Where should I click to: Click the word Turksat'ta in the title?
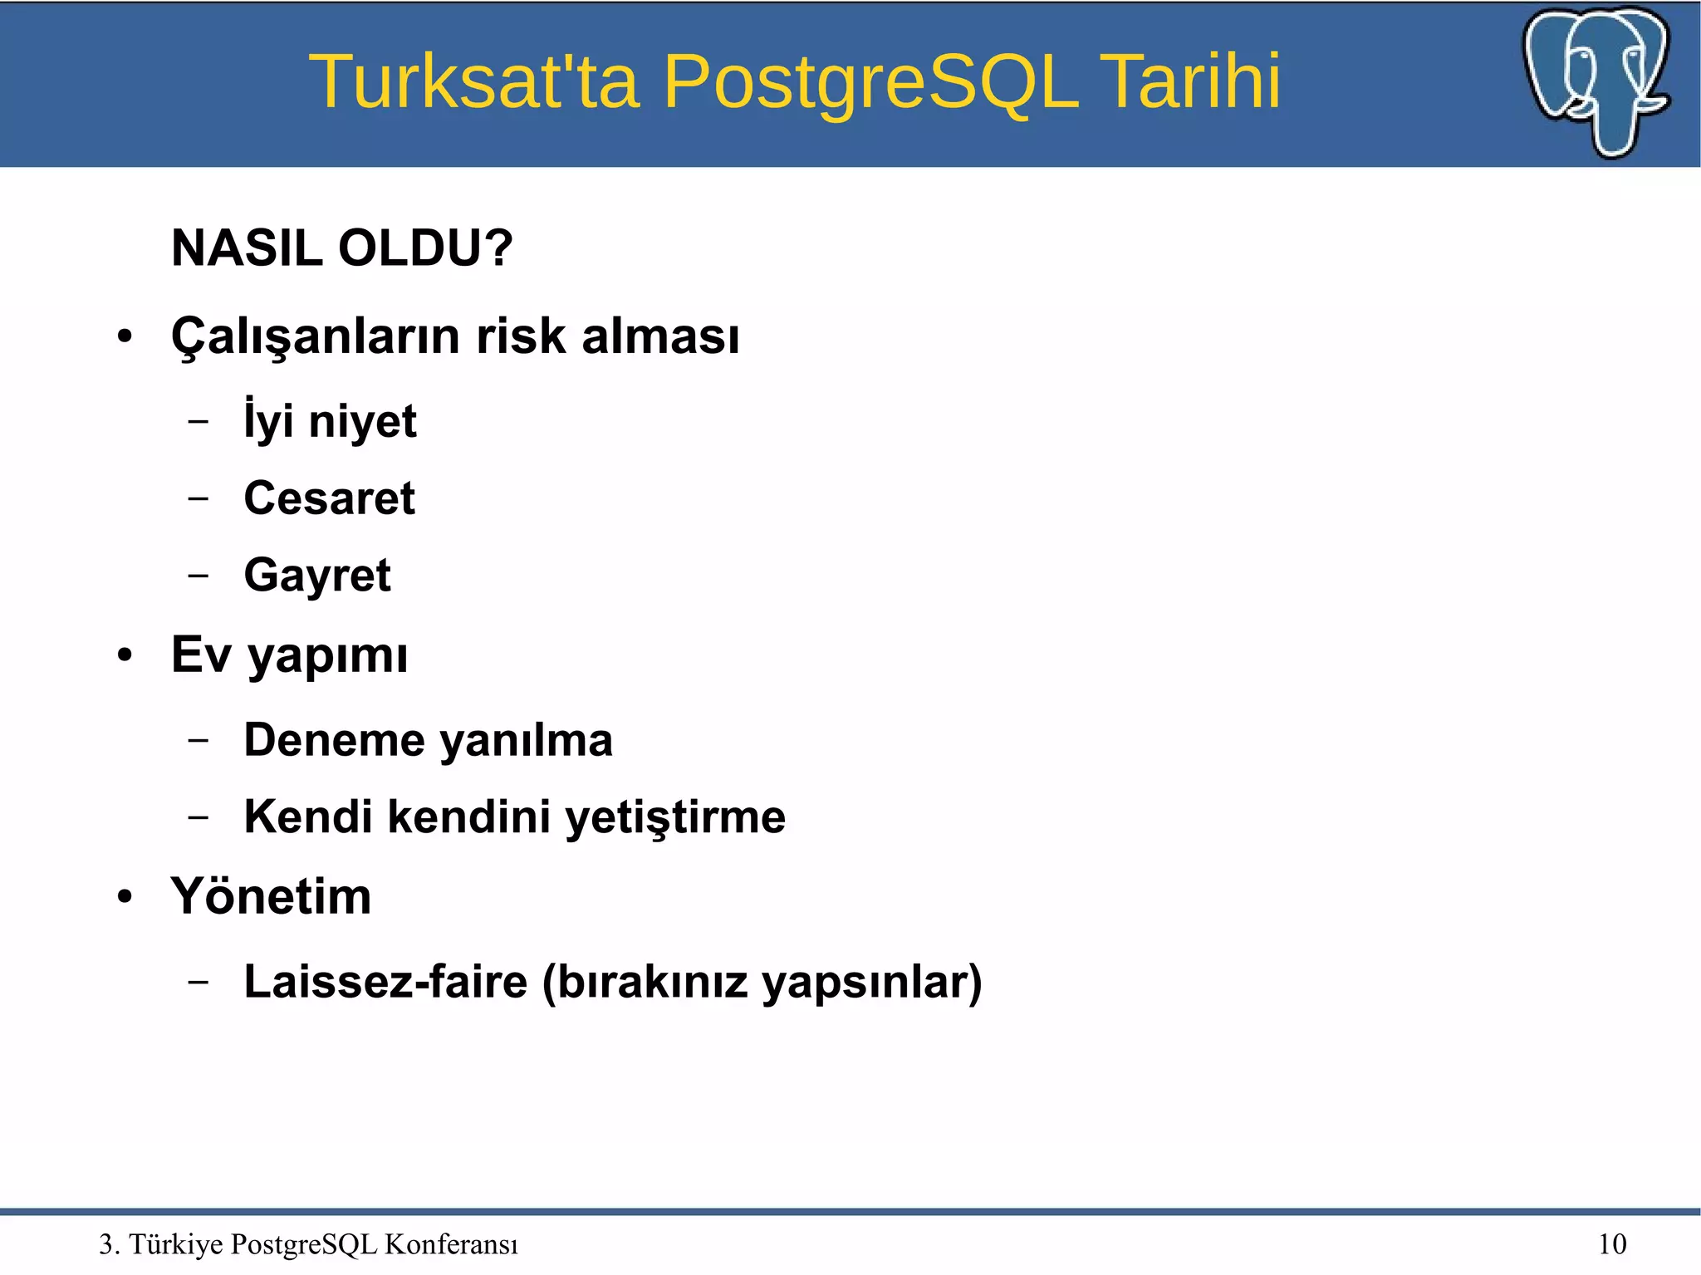474,81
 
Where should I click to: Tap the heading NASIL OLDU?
342,248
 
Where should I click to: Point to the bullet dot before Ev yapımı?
125,655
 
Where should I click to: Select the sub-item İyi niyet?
330,420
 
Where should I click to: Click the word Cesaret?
329,498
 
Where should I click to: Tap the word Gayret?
316,576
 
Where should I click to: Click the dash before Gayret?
198,575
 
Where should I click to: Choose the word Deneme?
334,740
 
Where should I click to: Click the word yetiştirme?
674,817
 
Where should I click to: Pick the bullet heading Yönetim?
271,897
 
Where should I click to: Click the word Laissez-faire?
385,982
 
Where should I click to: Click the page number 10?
1612,1244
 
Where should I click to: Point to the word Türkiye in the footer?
176,1244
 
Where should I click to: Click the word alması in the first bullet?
660,336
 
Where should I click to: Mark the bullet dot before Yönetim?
125,898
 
